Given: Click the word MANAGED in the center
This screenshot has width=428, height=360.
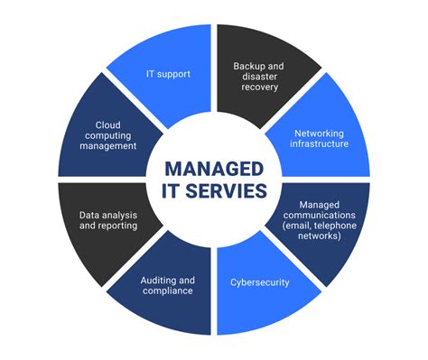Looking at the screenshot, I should coord(214,170).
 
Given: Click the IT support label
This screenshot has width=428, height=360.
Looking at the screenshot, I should coord(169,73).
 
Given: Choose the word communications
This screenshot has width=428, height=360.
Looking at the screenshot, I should coord(321,215).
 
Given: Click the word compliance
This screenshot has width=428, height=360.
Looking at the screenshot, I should coord(168,291).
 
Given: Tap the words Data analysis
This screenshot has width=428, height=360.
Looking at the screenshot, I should coord(101,214).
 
